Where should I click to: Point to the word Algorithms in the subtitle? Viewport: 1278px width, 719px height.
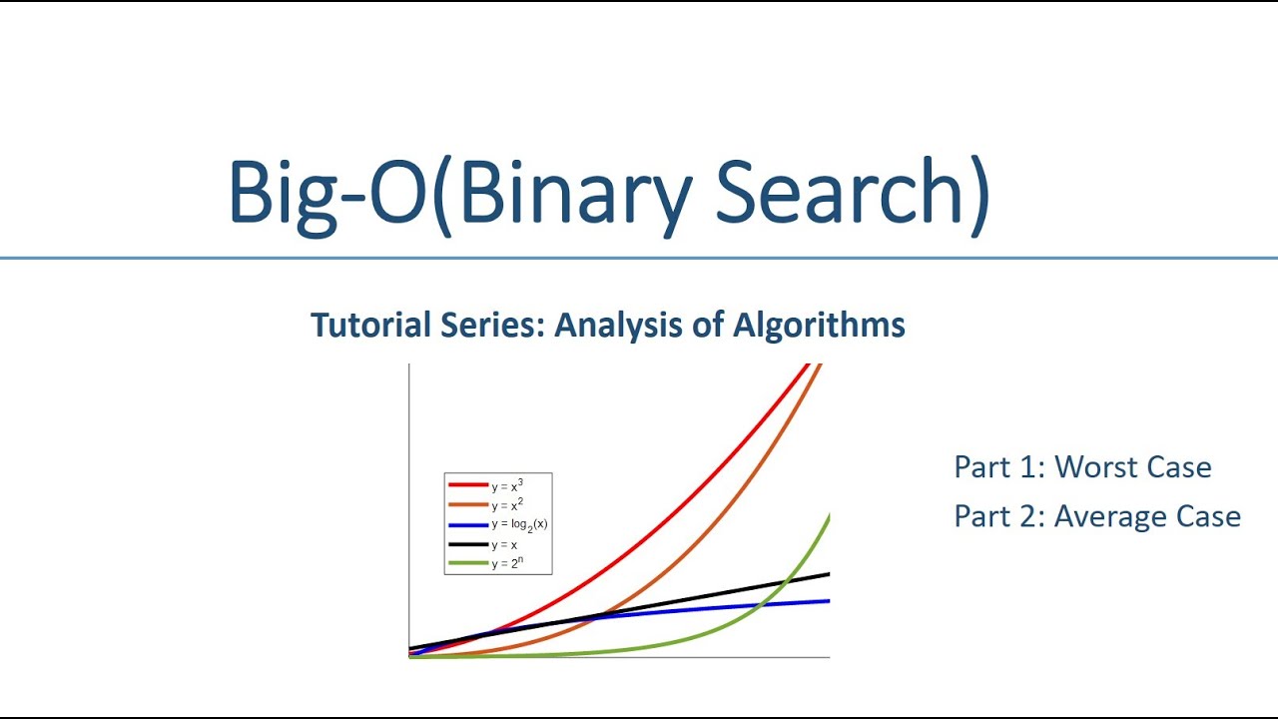pos(819,326)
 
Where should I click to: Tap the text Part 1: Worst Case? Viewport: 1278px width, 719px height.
pos(1082,466)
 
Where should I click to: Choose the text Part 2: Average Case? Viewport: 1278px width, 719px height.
pos(1097,516)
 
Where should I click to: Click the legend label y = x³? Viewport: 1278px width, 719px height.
pos(507,486)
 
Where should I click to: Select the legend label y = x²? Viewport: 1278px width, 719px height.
pos(507,505)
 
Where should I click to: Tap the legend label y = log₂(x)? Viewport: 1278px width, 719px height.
pos(519,525)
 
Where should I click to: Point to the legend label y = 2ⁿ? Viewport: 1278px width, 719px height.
pos(507,563)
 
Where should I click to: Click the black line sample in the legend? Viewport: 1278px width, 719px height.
pos(468,544)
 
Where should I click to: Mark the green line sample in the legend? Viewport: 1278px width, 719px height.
pos(468,563)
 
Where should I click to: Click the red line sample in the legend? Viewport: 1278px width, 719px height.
pos(468,485)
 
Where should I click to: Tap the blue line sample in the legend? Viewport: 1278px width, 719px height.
pos(468,525)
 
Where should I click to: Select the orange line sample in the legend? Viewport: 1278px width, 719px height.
pos(468,504)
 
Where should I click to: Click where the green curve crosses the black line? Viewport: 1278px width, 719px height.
pos(786,582)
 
